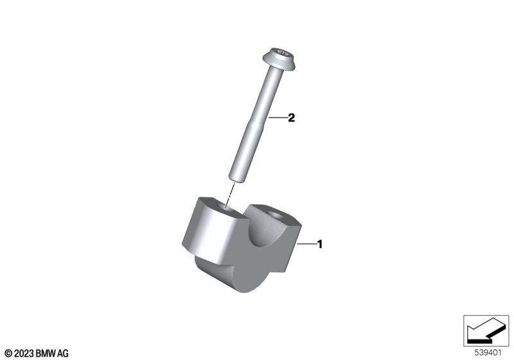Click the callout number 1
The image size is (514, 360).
click(320, 244)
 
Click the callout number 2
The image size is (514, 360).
click(291, 118)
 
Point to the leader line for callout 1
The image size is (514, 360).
click(306, 244)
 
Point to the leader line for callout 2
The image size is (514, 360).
click(278, 118)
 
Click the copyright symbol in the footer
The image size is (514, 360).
click(7, 353)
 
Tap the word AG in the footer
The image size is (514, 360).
click(62, 353)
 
